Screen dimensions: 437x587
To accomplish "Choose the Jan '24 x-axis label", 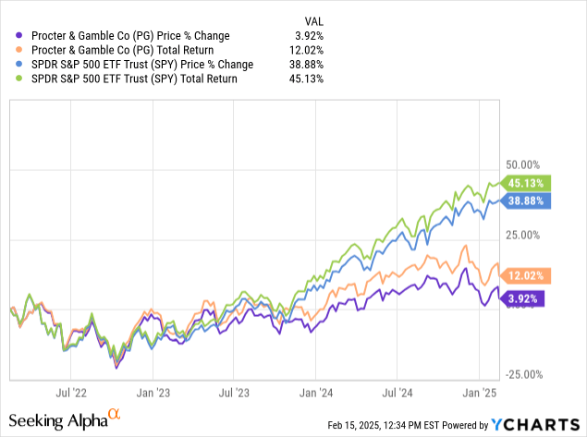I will (x=317, y=393).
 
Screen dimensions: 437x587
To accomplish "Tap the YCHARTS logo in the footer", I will (x=535, y=425).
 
